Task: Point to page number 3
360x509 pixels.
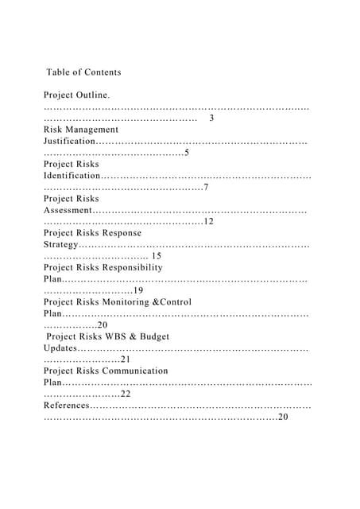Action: click(x=211, y=119)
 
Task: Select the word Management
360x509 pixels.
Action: click(x=95, y=130)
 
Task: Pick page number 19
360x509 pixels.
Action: click(x=138, y=291)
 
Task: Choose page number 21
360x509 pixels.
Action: click(x=126, y=359)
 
